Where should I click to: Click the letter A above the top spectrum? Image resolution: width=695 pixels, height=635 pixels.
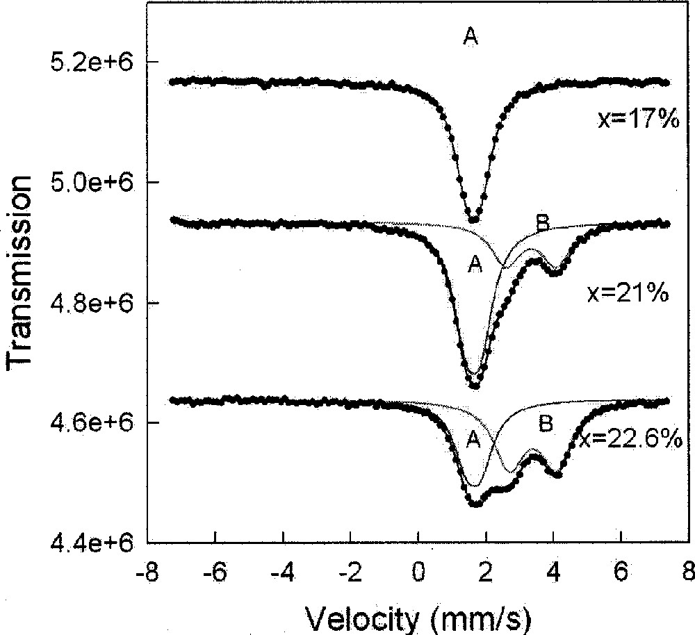tap(471, 38)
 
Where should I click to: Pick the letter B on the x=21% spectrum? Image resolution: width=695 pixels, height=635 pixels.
tap(542, 223)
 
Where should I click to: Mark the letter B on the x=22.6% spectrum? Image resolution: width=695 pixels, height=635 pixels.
tap(546, 424)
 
